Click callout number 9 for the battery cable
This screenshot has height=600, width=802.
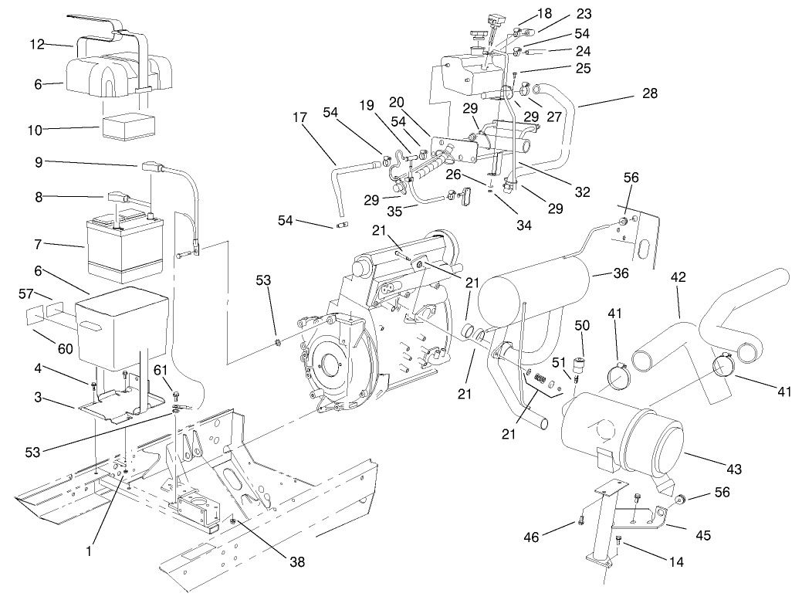(38, 163)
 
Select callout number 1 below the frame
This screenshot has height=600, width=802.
(90, 551)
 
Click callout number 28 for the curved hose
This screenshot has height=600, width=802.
(649, 93)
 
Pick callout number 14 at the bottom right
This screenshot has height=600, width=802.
(675, 563)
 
